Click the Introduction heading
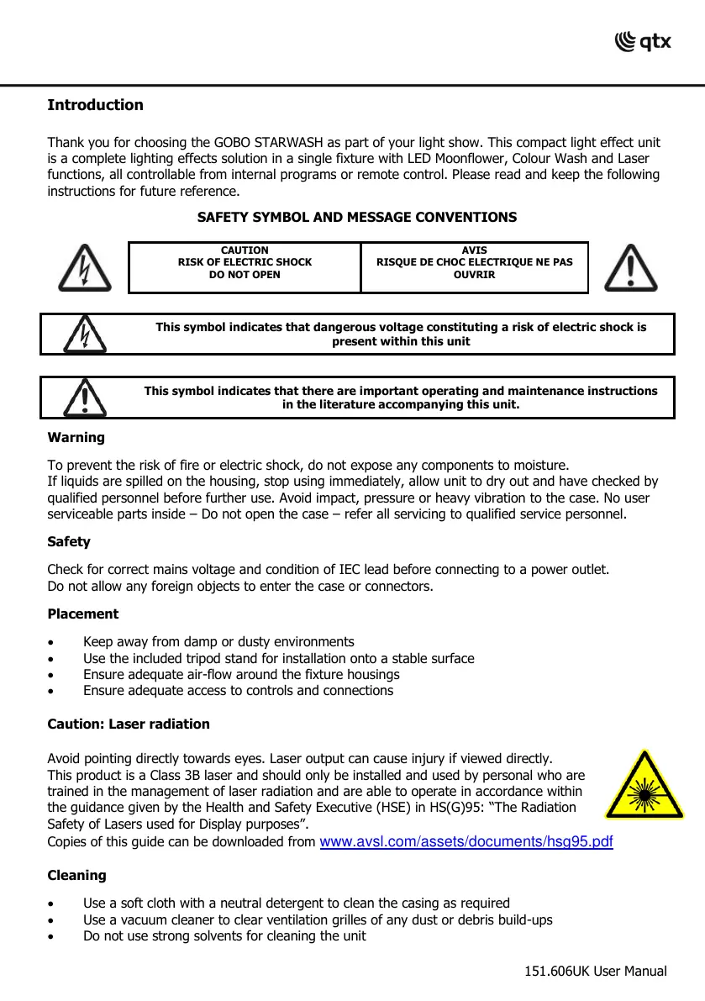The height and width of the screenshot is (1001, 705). (x=95, y=105)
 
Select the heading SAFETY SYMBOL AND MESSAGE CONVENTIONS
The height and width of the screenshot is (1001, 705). (x=356, y=218)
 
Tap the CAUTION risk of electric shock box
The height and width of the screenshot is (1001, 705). (x=245, y=262)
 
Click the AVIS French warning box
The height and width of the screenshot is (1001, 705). (x=474, y=262)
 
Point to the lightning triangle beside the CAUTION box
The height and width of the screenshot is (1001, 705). (x=84, y=266)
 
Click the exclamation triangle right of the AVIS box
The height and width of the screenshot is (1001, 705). (x=630, y=266)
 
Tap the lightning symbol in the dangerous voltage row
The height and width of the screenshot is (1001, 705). (x=85, y=335)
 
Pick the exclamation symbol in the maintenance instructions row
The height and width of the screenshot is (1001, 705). (x=84, y=398)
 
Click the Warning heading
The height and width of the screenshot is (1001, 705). (x=76, y=438)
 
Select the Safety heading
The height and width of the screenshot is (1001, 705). (x=69, y=542)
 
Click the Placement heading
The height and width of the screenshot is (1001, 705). (x=83, y=614)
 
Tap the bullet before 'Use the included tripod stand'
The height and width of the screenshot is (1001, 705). (x=51, y=659)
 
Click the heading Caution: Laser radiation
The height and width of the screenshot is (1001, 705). (x=129, y=724)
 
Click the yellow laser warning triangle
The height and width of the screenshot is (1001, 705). (x=644, y=787)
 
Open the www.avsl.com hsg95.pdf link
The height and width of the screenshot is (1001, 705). (x=467, y=842)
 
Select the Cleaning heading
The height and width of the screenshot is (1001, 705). (x=76, y=876)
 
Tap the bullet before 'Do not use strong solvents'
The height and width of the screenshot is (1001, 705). (x=51, y=936)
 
